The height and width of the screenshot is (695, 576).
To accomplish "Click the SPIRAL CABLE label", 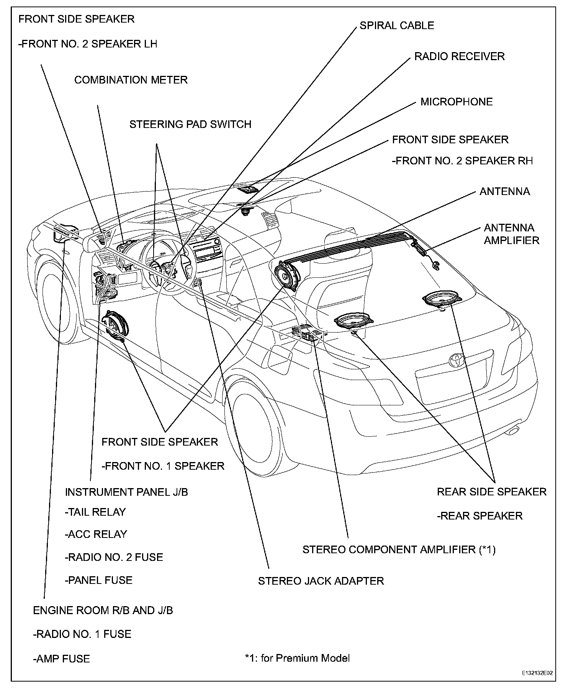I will point(397,26).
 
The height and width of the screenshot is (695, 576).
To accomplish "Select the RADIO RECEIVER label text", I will point(459,57).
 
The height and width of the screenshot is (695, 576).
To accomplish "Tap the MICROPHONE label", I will point(457,102).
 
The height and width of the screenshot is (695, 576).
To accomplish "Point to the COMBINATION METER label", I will point(131,80).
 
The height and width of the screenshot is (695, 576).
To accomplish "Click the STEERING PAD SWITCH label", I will point(190,125).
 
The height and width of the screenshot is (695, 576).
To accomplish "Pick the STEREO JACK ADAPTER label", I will point(321,581).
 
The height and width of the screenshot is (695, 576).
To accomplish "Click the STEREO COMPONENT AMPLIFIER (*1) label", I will point(399,549).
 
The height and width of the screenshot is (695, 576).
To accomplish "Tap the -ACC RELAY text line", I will point(96,534).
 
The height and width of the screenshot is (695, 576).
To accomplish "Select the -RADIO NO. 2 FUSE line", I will point(114,557).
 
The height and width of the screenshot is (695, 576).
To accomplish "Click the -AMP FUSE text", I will point(61,659).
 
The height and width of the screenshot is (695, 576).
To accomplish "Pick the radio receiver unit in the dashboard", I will point(207,253).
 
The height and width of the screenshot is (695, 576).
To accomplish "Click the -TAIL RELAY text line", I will point(95,512).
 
